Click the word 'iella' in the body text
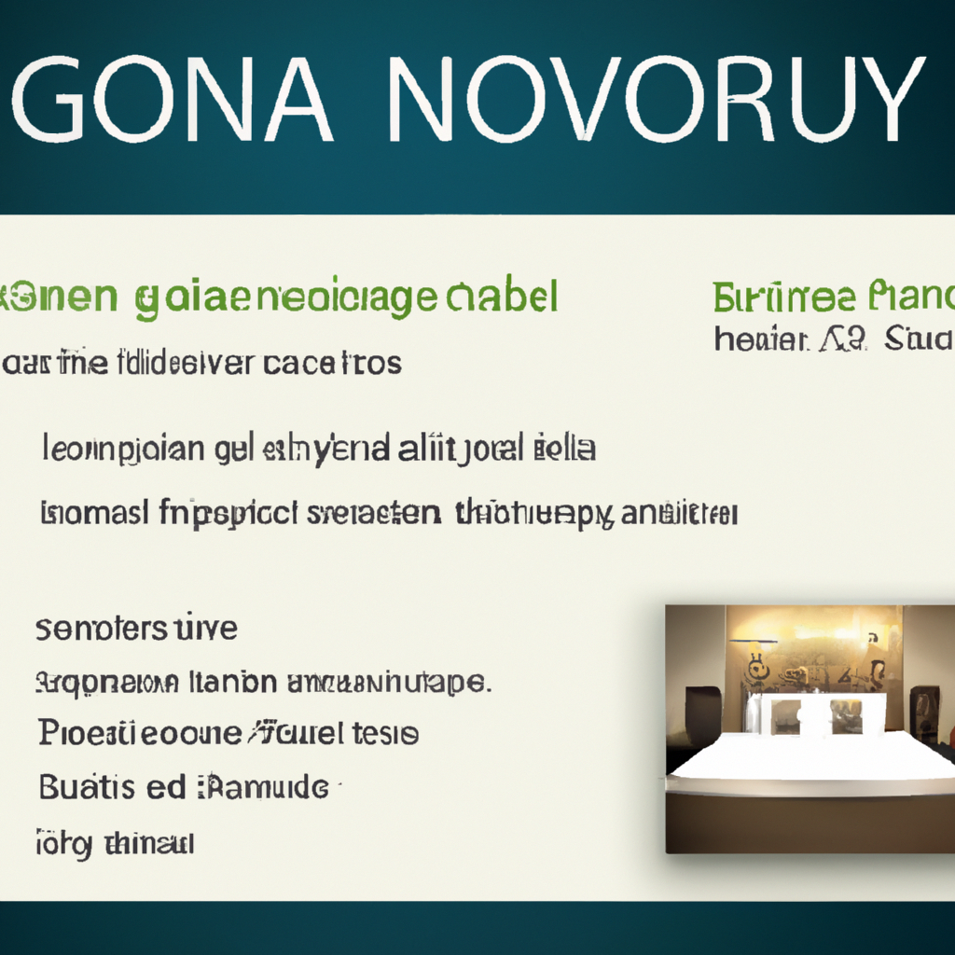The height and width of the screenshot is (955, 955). pyautogui.click(x=565, y=449)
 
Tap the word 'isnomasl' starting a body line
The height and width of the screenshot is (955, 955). pyautogui.click(x=94, y=512)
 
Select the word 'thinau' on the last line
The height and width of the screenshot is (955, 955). pyautogui.click(x=147, y=844)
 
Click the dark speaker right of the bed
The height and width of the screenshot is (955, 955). pyautogui.click(x=924, y=713)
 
